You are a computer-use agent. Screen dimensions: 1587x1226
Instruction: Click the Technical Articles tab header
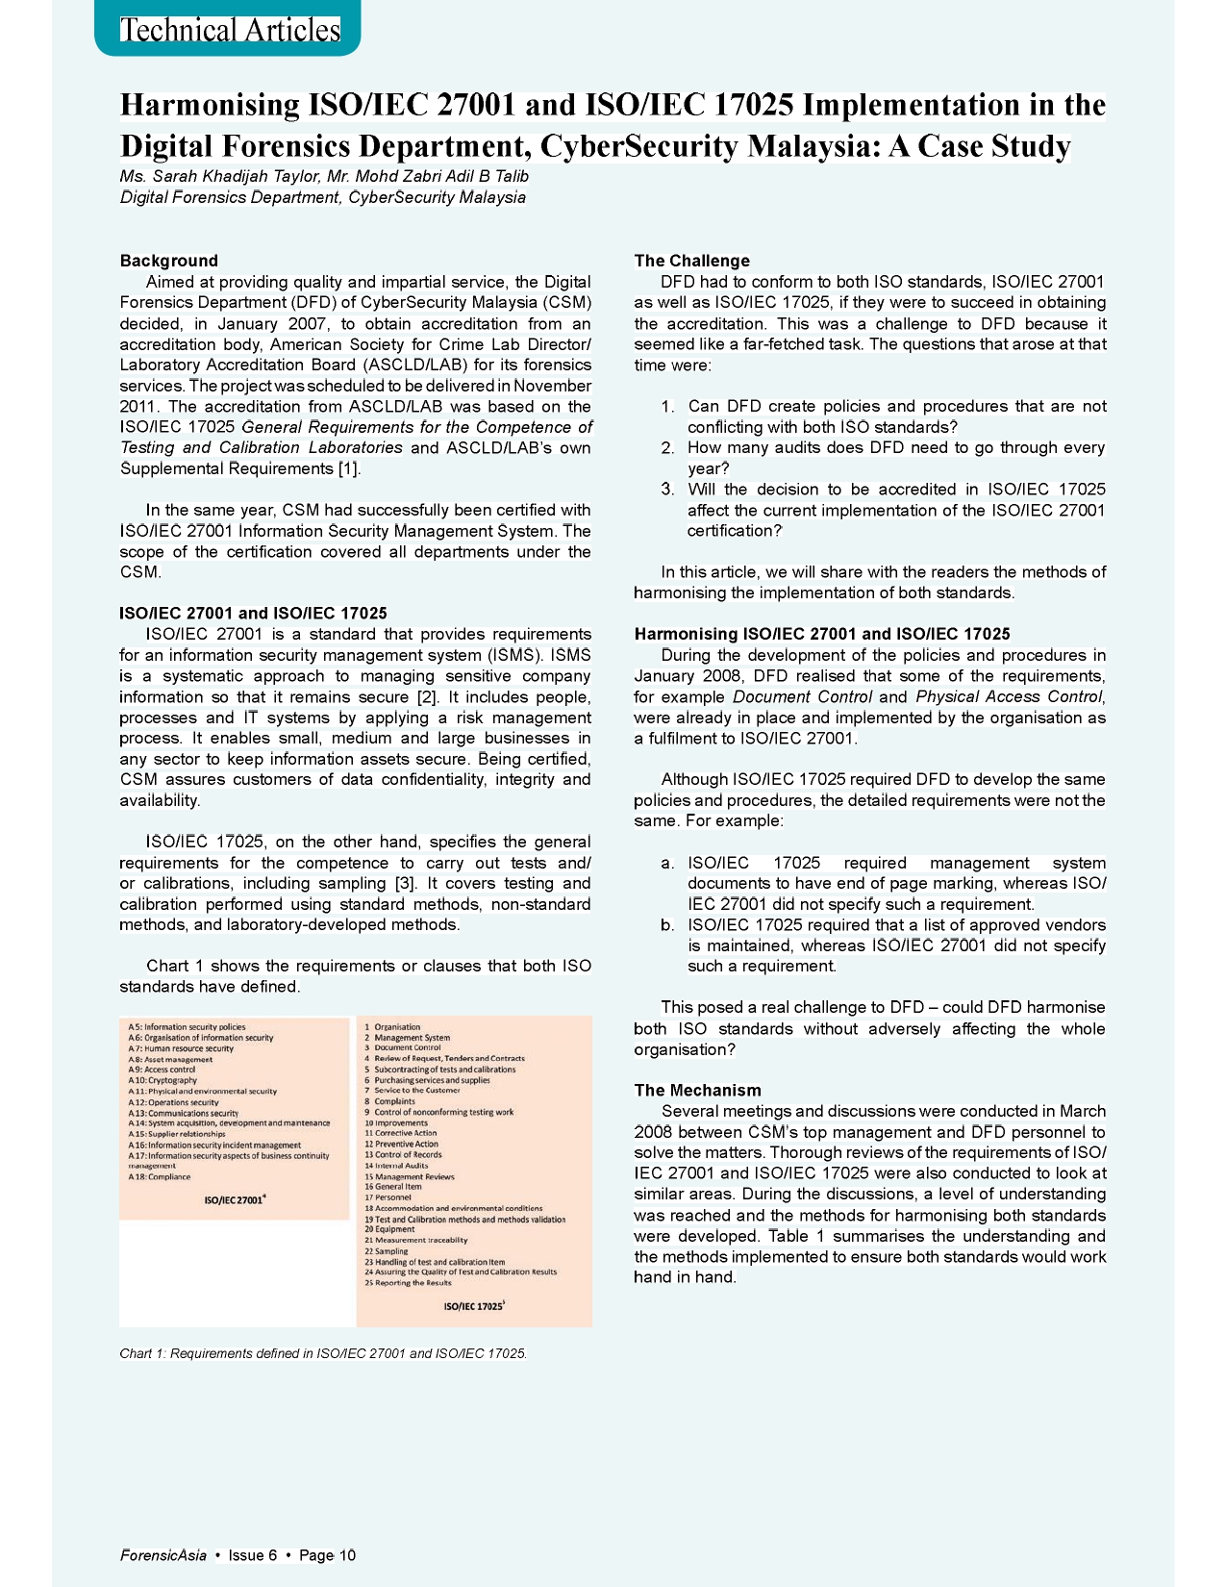pyautogui.click(x=229, y=30)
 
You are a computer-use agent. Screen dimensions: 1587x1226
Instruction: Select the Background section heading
pyautogui.click(x=169, y=261)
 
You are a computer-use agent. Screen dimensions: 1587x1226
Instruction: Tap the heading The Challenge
pyautogui.click(x=691, y=261)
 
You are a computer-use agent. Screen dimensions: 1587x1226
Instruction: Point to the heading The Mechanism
pyautogui.click(x=697, y=1090)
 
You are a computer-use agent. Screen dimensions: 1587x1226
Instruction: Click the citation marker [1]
pyautogui.click(x=348, y=468)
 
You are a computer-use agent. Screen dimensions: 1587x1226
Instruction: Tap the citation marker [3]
pyautogui.click(x=404, y=883)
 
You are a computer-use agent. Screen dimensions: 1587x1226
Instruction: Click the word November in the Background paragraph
pyautogui.click(x=553, y=386)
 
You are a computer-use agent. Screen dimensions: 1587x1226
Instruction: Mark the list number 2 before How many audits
pyautogui.click(x=667, y=447)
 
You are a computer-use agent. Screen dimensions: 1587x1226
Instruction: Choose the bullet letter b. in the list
pyautogui.click(x=667, y=924)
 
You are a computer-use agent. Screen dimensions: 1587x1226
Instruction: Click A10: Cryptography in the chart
pyautogui.click(x=163, y=1080)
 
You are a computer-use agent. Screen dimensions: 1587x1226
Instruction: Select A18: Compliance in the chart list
pyautogui.click(x=160, y=1176)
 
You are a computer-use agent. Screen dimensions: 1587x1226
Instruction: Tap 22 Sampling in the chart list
pyautogui.click(x=387, y=1251)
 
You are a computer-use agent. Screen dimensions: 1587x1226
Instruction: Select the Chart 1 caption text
pyautogui.click(x=323, y=1353)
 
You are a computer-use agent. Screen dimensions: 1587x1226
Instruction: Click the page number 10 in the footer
pyautogui.click(x=346, y=1555)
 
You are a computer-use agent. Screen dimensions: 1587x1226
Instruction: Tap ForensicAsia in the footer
pyautogui.click(x=163, y=1555)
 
